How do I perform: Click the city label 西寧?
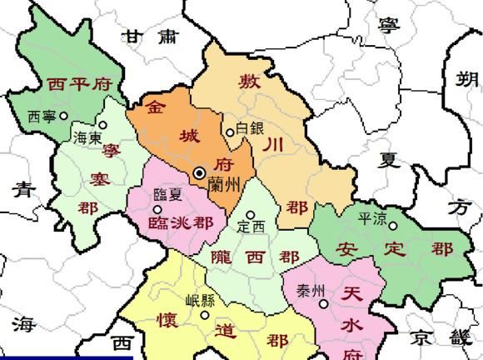(42, 117)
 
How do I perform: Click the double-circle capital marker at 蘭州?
(200, 172)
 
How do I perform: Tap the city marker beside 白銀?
(231, 132)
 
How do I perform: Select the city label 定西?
(251, 226)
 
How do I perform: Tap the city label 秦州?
(310, 291)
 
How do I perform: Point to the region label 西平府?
(79, 84)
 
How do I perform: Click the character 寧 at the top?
(388, 26)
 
